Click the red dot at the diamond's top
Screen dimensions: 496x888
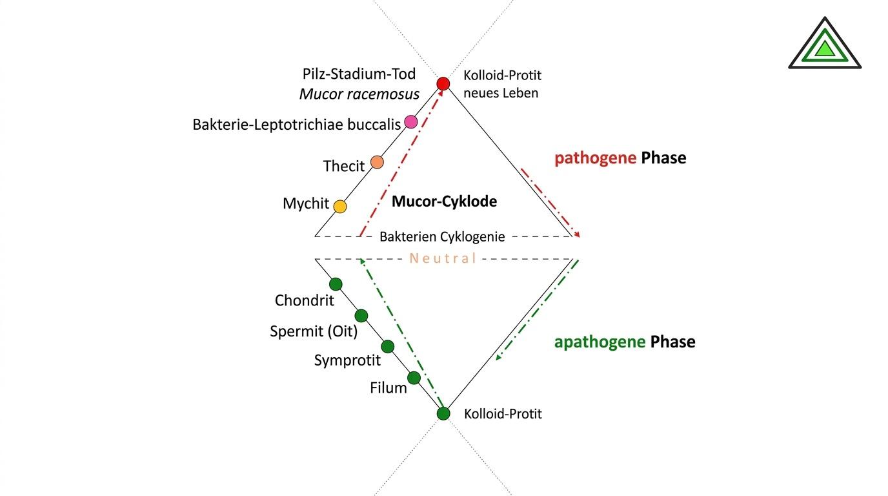[x=443, y=83]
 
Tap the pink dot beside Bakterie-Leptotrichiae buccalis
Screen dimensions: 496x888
[x=410, y=121]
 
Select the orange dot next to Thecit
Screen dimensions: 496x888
[x=378, y=162]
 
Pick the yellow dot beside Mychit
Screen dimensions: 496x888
[x=340, y=206]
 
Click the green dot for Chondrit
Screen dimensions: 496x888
[x=336, y=284]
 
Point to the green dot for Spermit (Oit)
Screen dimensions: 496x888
[x=361, y=315]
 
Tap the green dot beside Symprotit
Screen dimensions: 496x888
[x=388, y=346]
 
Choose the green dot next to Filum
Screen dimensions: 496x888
[x=414, y=378]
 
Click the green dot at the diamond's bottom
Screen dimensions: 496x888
[x=443, y=413]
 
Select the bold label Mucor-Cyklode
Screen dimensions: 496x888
[x=444, y=201]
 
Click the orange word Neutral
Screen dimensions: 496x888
[x=443, y=258]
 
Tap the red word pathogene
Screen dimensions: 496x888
[x=594, y=158]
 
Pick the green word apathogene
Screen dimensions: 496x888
[x=600, y=342]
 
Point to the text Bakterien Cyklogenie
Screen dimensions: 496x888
[x=442, y=237]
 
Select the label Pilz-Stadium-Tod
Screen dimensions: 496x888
[x=359, y=74]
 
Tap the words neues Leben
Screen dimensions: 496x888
[x=501, y=93]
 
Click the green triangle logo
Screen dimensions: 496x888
[x=825, y=45]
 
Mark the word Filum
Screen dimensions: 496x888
[x=388, y=388]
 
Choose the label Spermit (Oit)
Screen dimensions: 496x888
[x=314, y=331]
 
